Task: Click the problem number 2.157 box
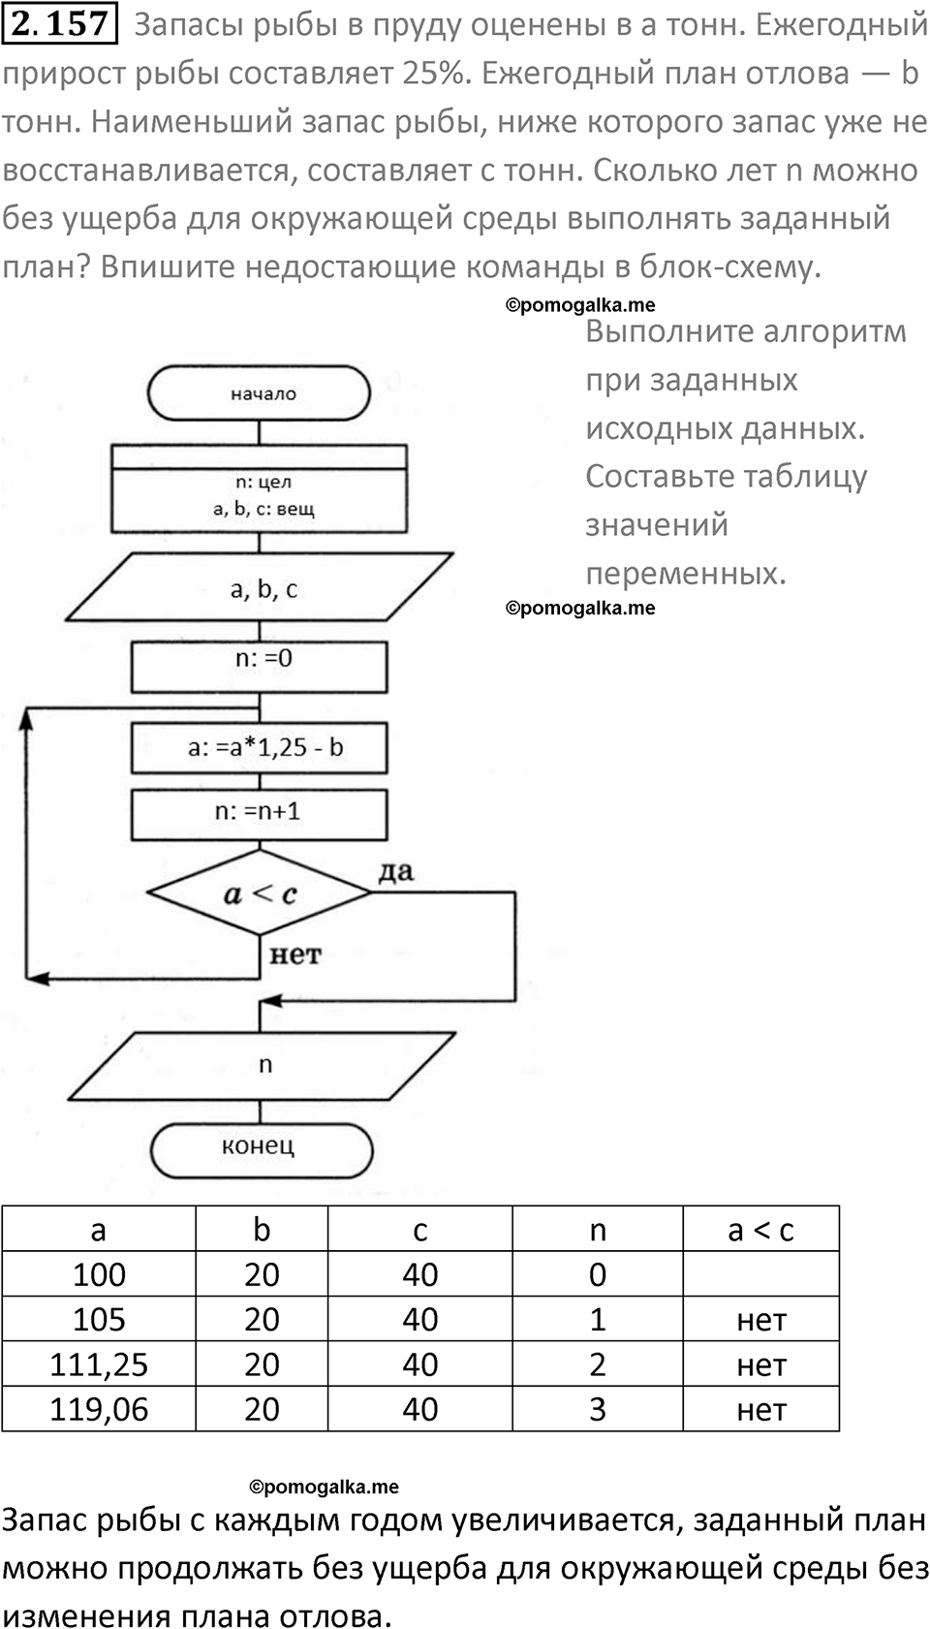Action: click(61, 23)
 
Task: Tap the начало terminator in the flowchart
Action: click(259, 393)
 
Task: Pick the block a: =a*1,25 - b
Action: click(260, 747)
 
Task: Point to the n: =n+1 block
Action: click(260, 812)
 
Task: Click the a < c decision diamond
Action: click(260, 893)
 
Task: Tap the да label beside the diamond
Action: click(395, 871)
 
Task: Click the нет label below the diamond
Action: click(294, 955)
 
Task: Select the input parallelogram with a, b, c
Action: click(260, 588)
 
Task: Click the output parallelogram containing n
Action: click(262, 1065)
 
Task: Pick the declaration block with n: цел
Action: click(260, 495)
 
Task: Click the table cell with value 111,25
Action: click(99, 1363)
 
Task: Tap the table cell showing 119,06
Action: click(99, 1408)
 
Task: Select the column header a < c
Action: click(760, 1229)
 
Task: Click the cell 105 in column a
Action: click(99, 1319)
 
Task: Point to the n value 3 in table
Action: click(598, 1408)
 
